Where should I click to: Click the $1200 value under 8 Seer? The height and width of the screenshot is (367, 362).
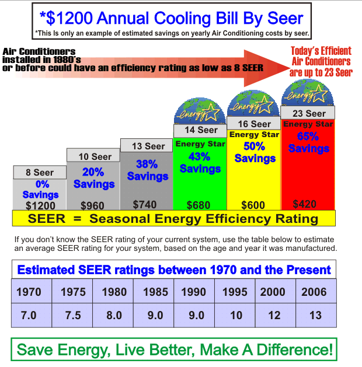(40, 205)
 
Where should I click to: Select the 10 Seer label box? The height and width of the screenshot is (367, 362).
(93, 156)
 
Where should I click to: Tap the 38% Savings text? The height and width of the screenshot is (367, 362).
(147, 170)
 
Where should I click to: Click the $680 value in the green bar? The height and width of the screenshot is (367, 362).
(199, 205)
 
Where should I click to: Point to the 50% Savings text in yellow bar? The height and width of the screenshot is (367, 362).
(254, 151)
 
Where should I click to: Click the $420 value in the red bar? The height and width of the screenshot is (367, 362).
(305, 204)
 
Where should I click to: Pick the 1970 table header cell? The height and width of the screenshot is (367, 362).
(29, 292)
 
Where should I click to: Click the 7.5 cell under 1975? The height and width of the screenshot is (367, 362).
(73, 315)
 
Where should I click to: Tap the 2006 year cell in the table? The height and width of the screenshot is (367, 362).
(315, 292)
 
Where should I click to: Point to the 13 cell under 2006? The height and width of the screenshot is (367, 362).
(315, 315)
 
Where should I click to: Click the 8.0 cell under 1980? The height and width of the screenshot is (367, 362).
(113, 315)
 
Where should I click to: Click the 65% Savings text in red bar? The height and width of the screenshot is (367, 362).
(308, 142)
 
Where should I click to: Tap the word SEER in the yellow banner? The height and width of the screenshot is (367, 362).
(47, 219)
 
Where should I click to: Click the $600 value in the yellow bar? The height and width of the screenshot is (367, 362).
(253, 205)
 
